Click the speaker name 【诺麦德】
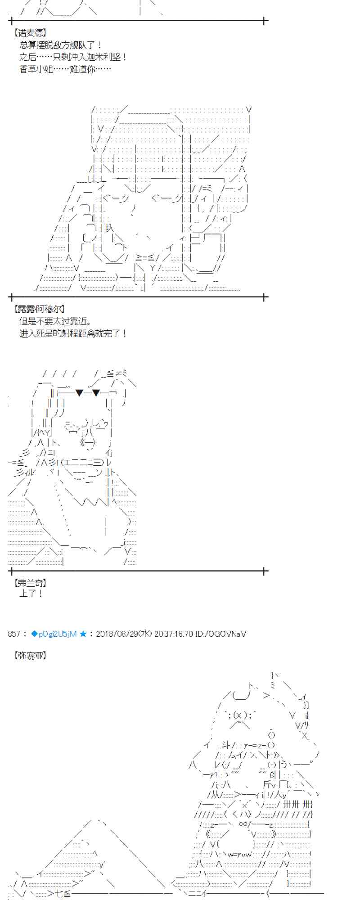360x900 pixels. [30, 33]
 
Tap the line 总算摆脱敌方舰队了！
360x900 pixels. [61, 45]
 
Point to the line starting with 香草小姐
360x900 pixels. [65, 69]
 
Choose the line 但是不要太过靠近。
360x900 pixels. [56, 321]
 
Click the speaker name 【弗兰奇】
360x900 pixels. [30, 583]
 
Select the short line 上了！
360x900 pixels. [31, 594]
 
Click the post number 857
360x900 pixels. [14, 634]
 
